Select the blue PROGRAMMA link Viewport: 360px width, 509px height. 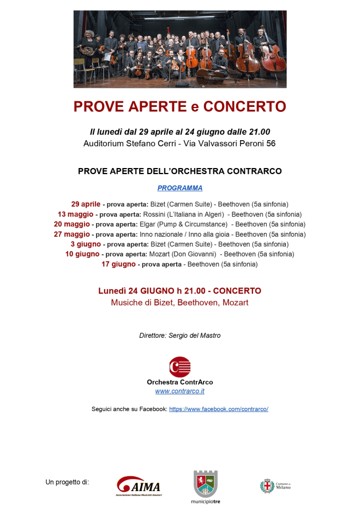click(x=180, y=188)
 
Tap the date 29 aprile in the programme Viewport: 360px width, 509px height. click(x=86, y=204)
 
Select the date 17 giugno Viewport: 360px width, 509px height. click(x=118, y=264)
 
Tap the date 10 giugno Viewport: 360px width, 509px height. click(x=82, y=254)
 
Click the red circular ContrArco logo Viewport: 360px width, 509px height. click(x=179, y=367)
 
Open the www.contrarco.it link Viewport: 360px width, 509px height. click(x=180, y=391)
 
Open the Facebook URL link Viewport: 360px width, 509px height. click(x=219, y=409)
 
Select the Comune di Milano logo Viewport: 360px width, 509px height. click(x=275, y=486)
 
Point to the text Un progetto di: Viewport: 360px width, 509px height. click(x=67, y=482)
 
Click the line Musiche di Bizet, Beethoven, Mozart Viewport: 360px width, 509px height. click(x=180, y=302)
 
